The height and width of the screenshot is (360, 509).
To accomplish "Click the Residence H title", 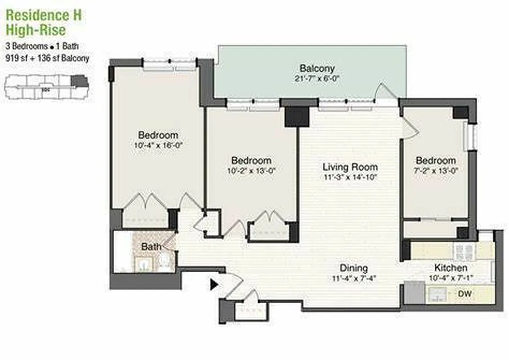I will (x=44, y=15).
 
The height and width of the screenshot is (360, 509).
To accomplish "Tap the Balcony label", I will (x=317, y=69).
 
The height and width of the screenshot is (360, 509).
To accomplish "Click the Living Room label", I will (x=350, y=167).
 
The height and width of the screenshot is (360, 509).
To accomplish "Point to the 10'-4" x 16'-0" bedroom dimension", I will (x=157, y=145).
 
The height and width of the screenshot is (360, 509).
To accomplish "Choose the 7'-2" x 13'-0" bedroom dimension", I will (x=435, y=171).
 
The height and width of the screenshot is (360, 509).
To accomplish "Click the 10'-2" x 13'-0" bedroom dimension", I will (x=251, y=170).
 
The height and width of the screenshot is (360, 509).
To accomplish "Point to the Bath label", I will (x=151, y=247).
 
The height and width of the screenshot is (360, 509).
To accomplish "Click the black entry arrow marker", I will (x=214, y=284).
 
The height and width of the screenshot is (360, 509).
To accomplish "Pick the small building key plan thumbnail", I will (x=46, y=87).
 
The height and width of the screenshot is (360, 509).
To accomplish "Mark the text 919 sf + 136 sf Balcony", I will (x=47, y=58).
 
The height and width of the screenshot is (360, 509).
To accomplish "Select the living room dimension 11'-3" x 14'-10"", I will (x=350, y=177).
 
